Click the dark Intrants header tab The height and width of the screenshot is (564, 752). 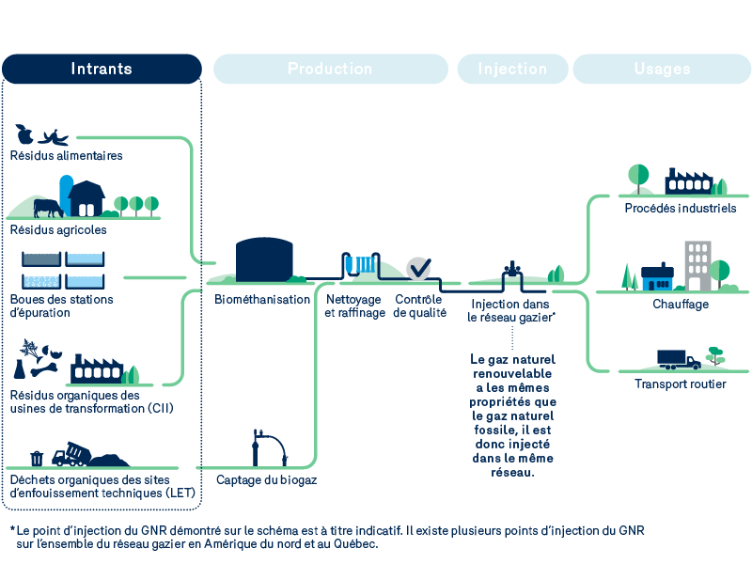click(x=102, y=69)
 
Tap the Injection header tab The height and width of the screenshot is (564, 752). click(x=512, y=69)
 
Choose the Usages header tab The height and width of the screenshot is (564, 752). click(x=662, y=69)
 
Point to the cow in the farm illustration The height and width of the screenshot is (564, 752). click(x=46, y=207)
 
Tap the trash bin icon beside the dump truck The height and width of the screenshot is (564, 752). click(x=37, y=458)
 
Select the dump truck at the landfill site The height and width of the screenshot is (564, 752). click(x=70, y=455)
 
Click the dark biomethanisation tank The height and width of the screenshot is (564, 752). click(x=263, y=259)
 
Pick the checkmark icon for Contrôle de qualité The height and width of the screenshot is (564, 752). click(x=418, y=268)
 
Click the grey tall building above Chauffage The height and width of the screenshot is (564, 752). click(x=697, y=264)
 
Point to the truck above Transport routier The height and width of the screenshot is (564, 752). click(x=679, y=359)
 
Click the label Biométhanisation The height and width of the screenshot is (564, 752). click(x=262, y=300)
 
